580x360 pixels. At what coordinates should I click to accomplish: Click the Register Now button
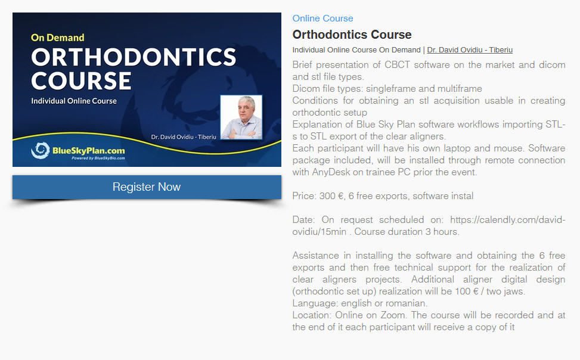coord(147,187)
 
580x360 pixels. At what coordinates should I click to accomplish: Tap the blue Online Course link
coord(322,18)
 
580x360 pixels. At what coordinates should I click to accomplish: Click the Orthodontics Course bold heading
coord(352,35)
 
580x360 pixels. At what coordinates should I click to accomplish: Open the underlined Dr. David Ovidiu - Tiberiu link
coord(470,50)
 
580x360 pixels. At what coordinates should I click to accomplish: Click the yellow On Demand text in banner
coord(58,38)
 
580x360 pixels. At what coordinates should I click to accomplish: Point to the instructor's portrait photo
coord(241,117)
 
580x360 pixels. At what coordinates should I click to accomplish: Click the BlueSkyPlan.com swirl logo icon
coord(41,150)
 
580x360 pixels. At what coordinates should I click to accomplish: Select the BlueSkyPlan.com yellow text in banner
coord(89,151)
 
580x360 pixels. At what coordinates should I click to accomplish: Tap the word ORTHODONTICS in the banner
coord(134,57)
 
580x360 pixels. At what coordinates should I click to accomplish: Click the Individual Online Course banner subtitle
coord(74,101)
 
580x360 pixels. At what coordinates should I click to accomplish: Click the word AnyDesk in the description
coord(331,172)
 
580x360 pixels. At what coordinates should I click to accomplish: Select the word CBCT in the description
coord(397,65)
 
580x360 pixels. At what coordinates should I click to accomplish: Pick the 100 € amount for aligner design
coord(467,291)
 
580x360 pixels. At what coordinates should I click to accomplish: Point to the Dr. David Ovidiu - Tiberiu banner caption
coord(184,137)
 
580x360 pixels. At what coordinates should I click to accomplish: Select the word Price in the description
coord(303,195)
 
